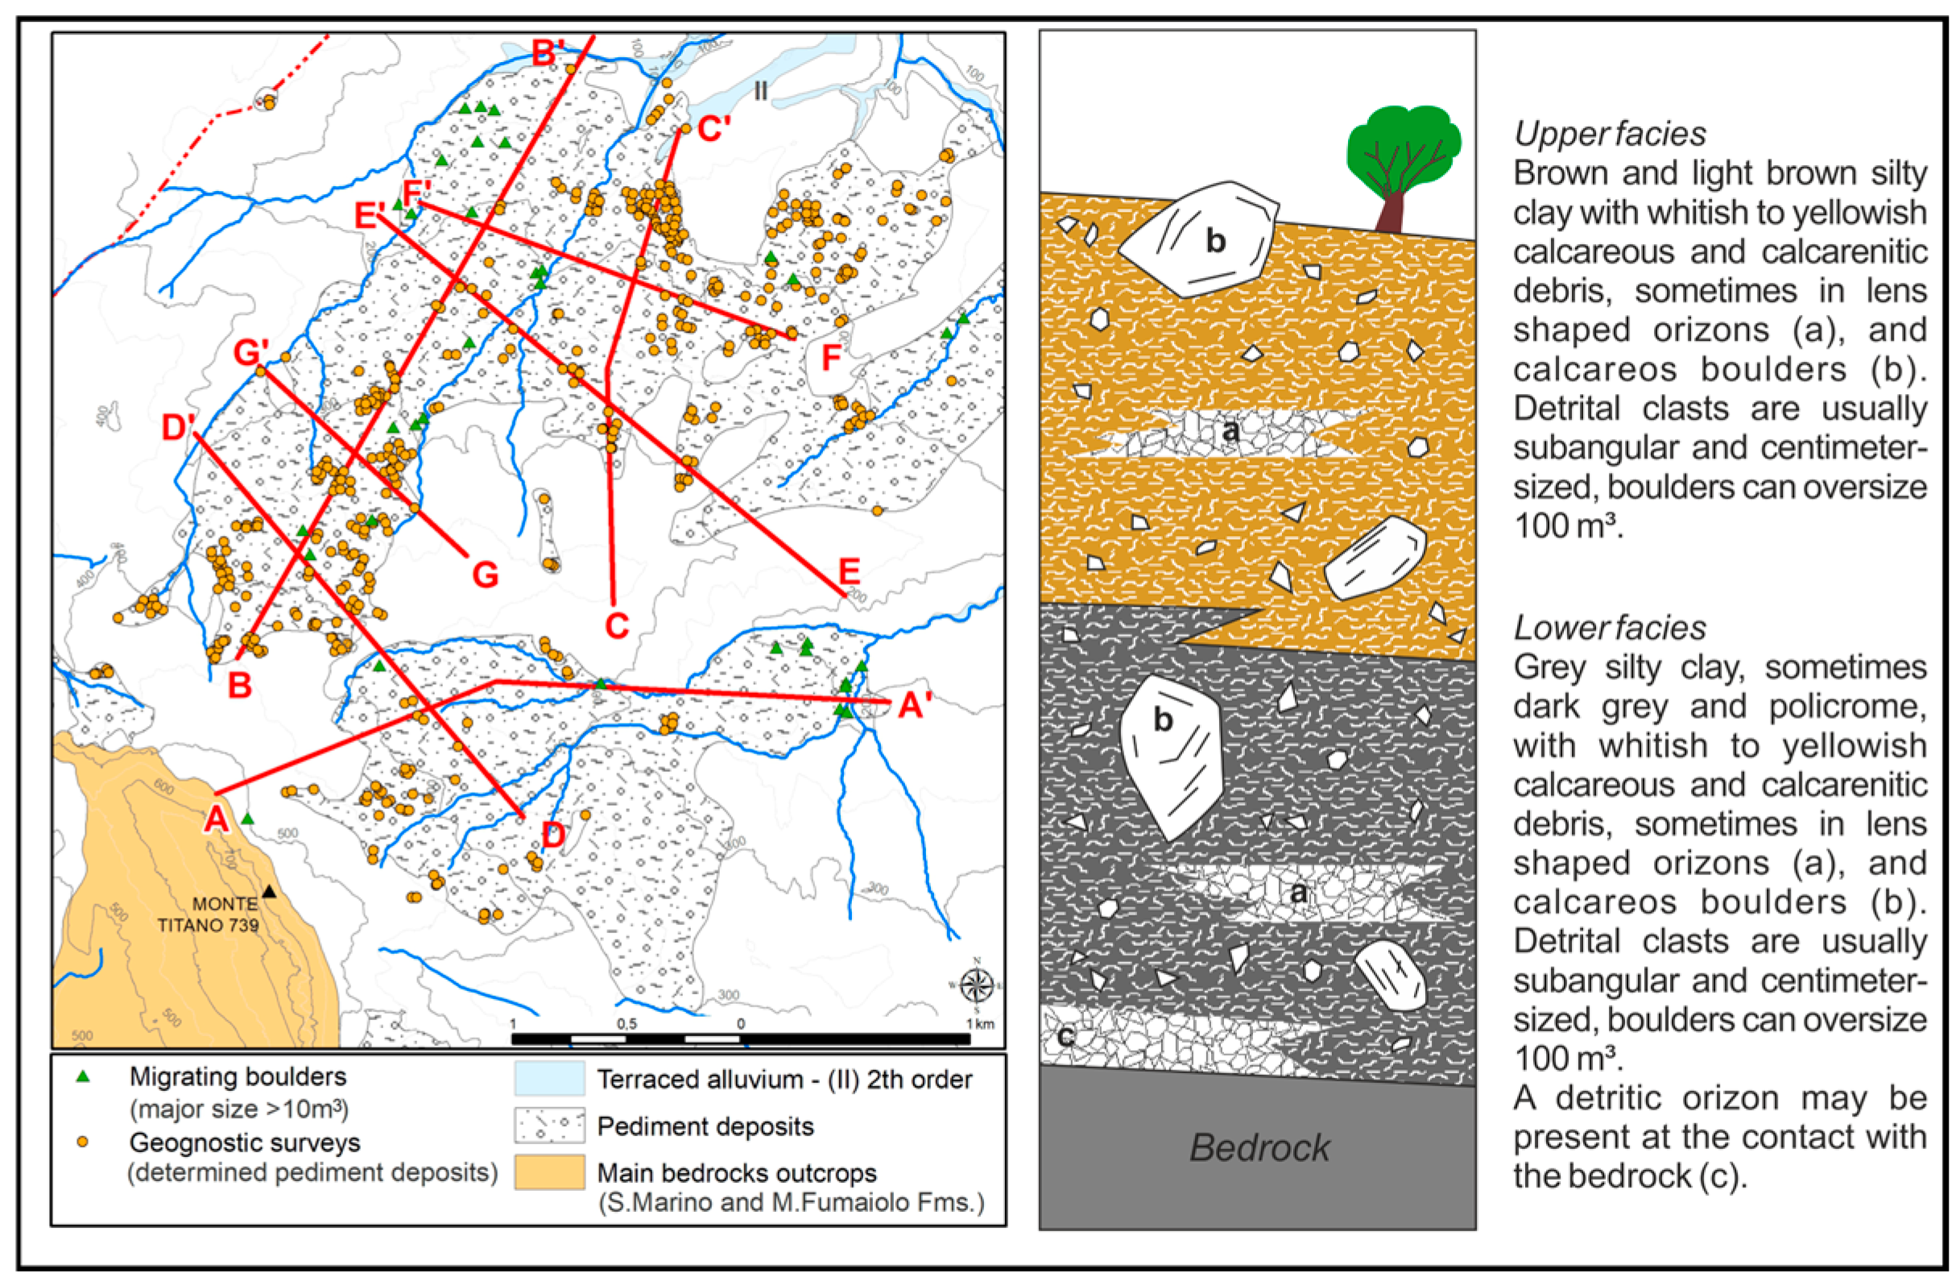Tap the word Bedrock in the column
click(x=1259, y=1147)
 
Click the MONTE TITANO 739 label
click(x=211, y=915)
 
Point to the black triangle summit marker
click(x=269, y=891)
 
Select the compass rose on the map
click(x=977, y=984)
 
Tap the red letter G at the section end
click(x=485, y=575)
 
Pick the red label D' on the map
click(x=178, y=428)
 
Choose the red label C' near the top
click(x=713, y=130)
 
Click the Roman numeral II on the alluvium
click(x=760, y=90)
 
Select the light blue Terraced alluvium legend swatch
click(x=549, y=1078)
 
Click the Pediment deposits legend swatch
click(x=549, y=1126)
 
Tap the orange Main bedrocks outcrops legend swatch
click(x=549, y=1172)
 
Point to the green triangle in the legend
click(x=82, y=1077)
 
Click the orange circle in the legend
click(x=82, y=1142)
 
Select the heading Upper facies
click(x=1609, y=134)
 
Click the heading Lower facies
click(x=1609, y=628)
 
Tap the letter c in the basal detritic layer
click(x=1065, y=1035)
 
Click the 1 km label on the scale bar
click(x=981, y=1023)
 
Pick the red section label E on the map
click(x=849, y=570)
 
